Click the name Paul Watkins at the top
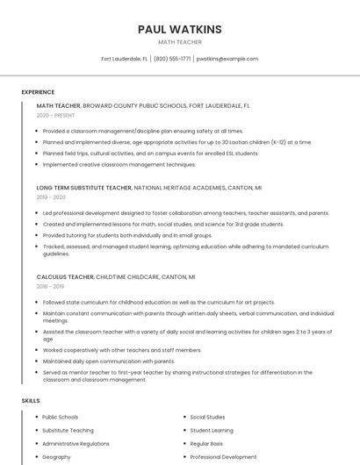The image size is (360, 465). click(x=179, y=29)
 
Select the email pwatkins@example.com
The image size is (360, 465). click(x=227, y=59)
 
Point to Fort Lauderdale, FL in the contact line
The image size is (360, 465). click(x=124, y=59)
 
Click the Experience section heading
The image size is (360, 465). click(x=38, y=92)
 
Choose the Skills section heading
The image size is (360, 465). click(x=30, y=401)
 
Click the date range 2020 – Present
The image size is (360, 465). click(x=55, y=115)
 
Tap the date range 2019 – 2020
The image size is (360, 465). click(x=51, y=197)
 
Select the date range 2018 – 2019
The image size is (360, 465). click(x=50, y=286)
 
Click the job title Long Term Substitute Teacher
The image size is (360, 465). click(x=84, y=188)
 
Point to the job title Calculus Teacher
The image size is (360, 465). click(x=65, y=276)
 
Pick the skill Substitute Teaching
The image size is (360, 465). click(x=68, y=431)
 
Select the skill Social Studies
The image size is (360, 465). click(x=207, y=418)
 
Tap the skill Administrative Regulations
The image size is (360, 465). click(x=76, y=444)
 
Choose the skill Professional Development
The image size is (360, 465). click(x=223, y=457)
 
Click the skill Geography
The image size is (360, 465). click(x=56, y=457)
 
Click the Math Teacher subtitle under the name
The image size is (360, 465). click(x=179, y=42)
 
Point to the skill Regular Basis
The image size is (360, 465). click(x=206, y=444)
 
